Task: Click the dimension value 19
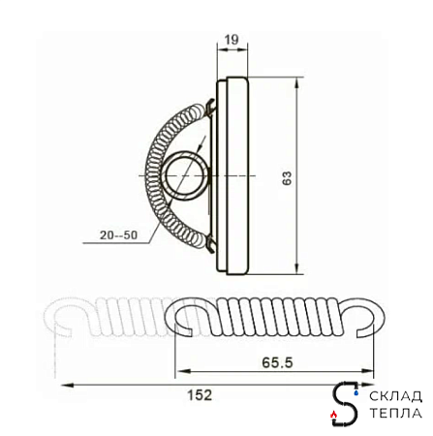(x=232, y=40)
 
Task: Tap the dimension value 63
(x=287, y=177)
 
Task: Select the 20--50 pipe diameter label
(x=118, y=234)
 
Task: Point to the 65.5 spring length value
(x=277, y=362)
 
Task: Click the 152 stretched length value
(x=200, y=394)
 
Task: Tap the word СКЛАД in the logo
(x=395, y=396)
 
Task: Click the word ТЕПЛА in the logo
(x=395, y=413)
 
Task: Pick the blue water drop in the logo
(x=356, y=392)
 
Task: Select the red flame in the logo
(x=334, y=414)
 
